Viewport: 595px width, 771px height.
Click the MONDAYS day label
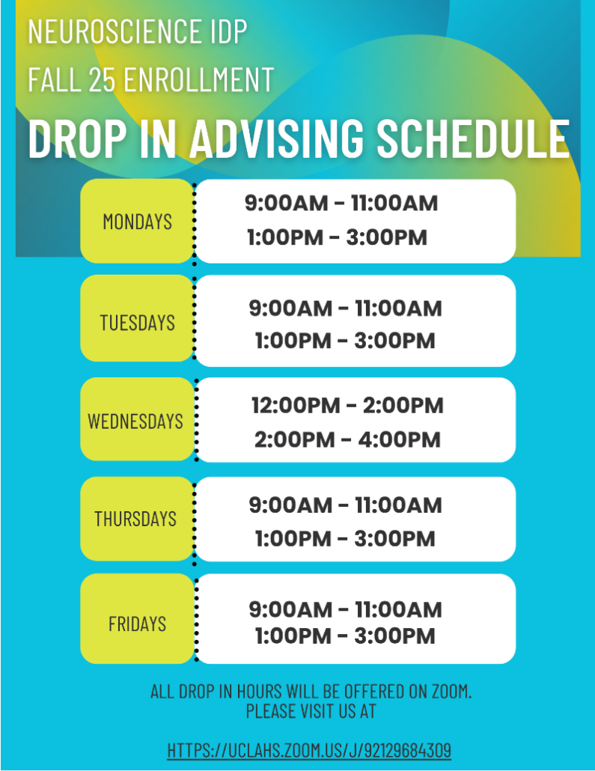tap(137, 222)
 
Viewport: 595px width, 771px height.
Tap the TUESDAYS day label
tap(137, 323)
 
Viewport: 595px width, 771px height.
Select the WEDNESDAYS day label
tap(135, 421)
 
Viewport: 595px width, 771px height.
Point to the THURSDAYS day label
tap(135, 519)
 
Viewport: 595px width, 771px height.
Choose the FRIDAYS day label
tap(137, 624)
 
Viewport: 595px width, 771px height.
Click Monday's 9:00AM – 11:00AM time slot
tap(341, 203)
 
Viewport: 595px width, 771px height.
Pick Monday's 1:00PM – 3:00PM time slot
tap(337, 237)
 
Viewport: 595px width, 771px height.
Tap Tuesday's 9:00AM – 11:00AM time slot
tap(345, 308)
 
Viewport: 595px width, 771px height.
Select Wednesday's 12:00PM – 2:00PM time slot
tap(347, 406)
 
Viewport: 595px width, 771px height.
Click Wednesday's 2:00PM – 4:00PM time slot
tap(347, 439)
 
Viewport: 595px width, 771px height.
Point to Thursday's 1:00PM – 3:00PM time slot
tap(345, 538)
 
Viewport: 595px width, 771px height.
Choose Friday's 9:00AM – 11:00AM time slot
tap(345, 610)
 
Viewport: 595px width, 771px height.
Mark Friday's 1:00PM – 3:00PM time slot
tap(345, 636)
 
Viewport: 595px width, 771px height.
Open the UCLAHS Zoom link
tap(309, 750)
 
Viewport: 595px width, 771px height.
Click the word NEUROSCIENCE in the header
tap(114, 31)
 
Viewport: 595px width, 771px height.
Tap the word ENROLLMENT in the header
tap(198, 79)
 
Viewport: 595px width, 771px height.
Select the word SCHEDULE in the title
tap(473, 139)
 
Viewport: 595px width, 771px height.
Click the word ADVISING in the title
tap(277, 139)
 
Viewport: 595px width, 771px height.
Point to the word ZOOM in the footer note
tap(451, 692)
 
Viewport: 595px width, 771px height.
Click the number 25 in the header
tap(103, 79)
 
